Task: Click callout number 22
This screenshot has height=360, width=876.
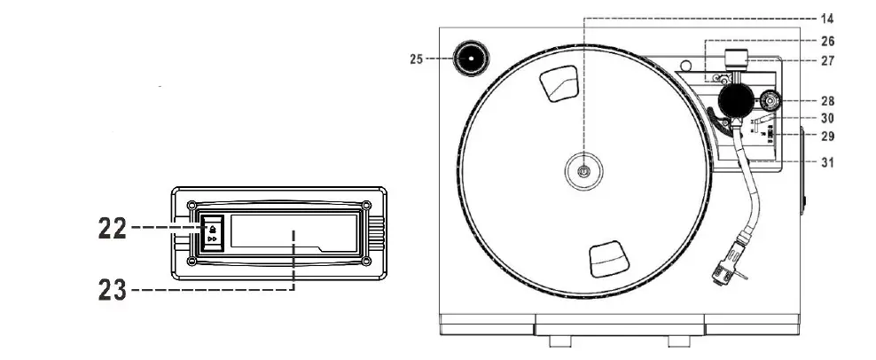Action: coord(112,228)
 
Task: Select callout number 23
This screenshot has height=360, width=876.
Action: coord(112,288)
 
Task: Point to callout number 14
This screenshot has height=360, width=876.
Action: coord(827,18)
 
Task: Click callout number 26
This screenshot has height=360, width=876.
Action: coord(827,41)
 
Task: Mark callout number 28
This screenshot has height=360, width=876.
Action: coord(827,101)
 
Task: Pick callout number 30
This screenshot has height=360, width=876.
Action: coord(827,118)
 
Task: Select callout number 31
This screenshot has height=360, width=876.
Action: coord(827,162)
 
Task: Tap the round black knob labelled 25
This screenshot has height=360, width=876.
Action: coord(470,60)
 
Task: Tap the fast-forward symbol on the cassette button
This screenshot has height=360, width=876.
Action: coord(212,239)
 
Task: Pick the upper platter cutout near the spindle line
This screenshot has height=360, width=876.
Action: coord(559,82)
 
